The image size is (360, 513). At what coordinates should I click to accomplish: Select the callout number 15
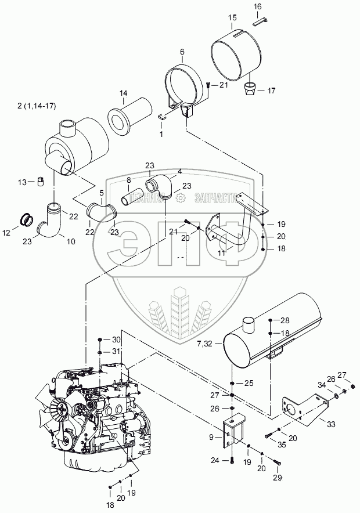coord(232,19)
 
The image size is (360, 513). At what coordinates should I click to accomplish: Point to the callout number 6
coord(182,52)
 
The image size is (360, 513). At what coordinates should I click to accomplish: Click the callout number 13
coord(21,182)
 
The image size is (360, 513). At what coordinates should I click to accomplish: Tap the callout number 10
coord(71,241)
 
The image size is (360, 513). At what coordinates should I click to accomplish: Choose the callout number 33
coord(331,424)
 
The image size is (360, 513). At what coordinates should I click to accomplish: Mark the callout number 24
coord(215,461)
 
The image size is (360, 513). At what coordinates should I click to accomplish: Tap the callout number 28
coord(285,320)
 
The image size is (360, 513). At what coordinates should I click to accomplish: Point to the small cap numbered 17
coord(250,91)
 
